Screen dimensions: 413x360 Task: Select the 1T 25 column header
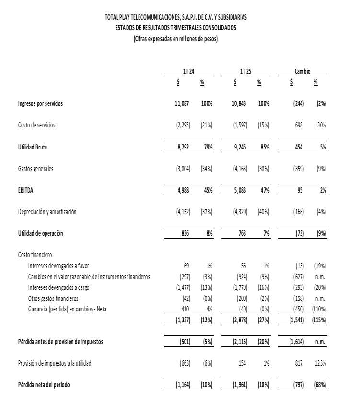(x=245, y=71)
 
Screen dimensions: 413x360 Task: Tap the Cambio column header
(x=302, y=71)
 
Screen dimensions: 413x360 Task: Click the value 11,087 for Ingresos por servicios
(x=183, y=103)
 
